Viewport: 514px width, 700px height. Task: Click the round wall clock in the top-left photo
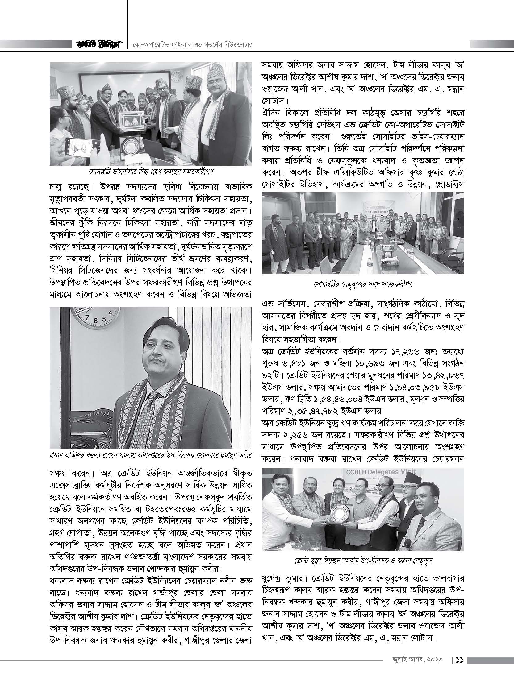176,75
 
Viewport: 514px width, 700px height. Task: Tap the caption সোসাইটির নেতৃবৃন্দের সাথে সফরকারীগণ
363,284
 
